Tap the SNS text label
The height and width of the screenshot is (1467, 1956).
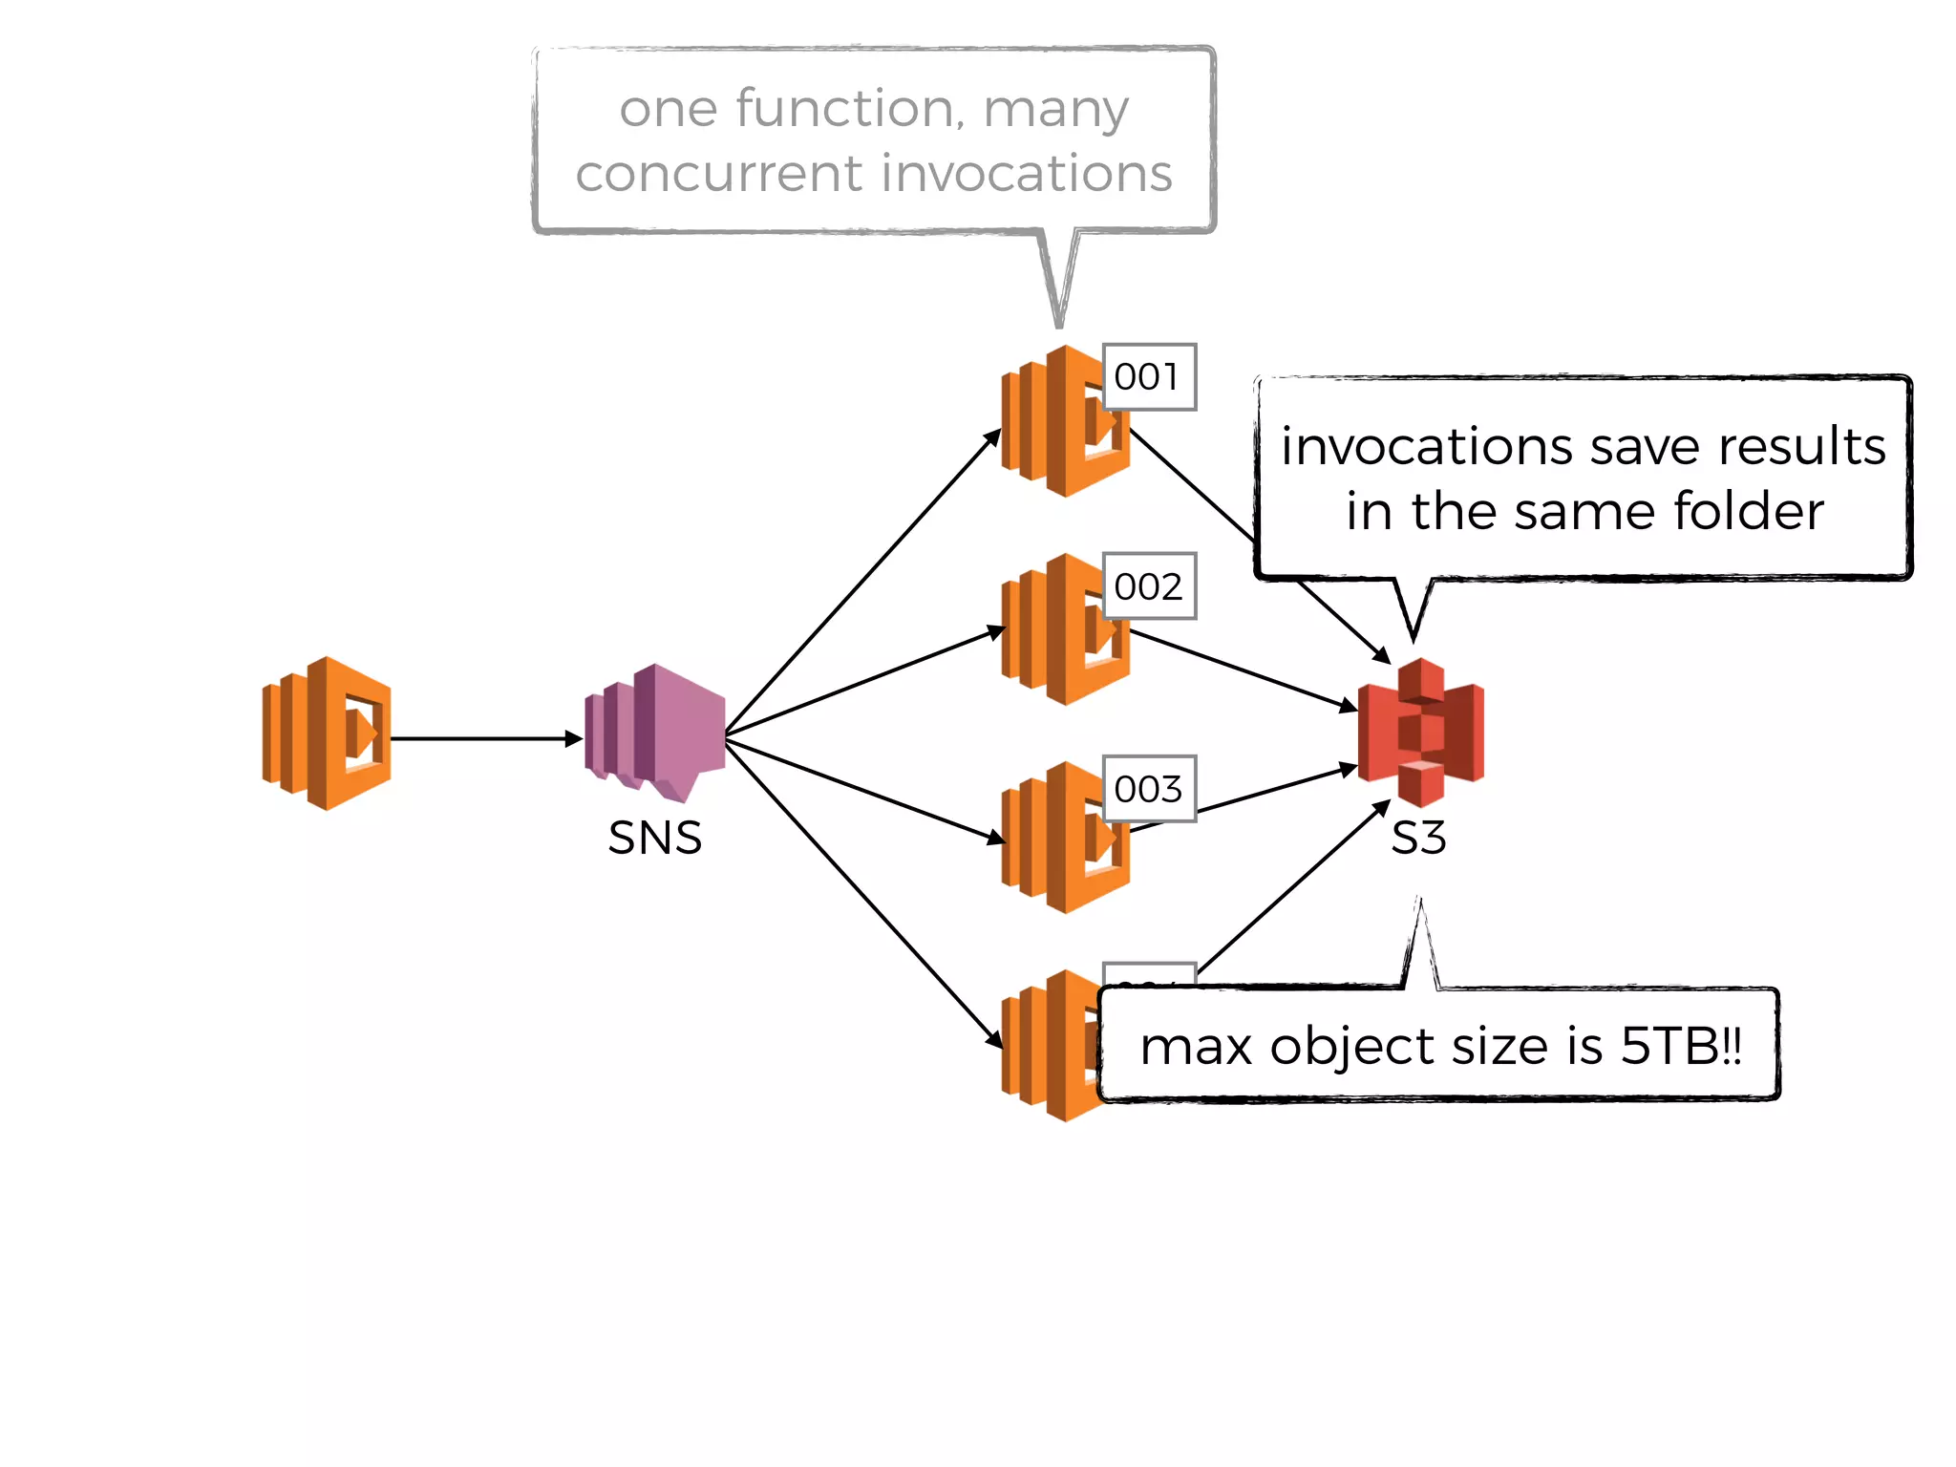655,839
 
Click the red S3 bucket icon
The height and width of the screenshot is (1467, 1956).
1421,732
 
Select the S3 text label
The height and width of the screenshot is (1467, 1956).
1418,839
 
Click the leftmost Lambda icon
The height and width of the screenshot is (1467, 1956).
328,733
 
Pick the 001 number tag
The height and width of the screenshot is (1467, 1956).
1148,377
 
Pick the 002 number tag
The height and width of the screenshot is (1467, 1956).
1148,586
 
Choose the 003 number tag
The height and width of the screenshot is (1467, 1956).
1148,789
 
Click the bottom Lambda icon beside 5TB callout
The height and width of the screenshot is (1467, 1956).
1051,1046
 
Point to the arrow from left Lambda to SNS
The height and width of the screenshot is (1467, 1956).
482,738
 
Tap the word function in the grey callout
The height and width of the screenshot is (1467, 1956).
844,108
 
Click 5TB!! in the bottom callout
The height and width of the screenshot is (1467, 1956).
1682,1046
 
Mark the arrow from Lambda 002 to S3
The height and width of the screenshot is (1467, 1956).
1242,670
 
